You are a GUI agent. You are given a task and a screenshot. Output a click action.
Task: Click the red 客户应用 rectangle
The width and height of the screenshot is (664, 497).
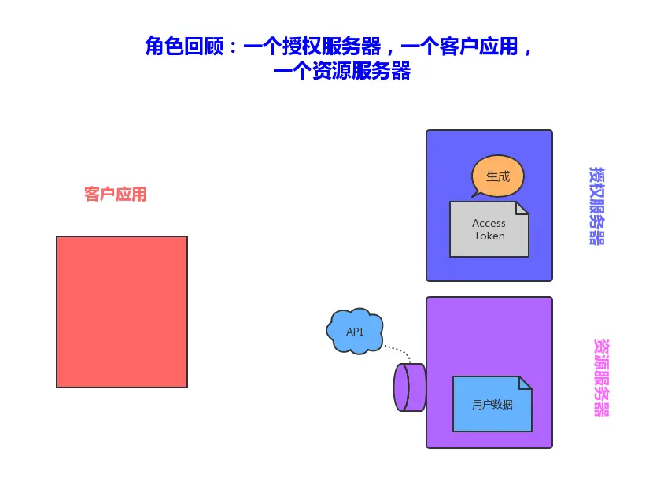click(x=122, y=312)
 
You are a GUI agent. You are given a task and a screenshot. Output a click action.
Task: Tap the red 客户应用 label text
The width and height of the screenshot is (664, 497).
click(x=116, y=195)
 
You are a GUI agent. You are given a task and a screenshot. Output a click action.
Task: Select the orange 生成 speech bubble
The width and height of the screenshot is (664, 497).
click(x=498, y=176)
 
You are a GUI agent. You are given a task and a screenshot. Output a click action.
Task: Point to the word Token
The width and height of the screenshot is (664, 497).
click(x=489, y=236)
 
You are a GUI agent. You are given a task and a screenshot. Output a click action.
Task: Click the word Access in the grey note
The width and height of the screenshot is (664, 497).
click(x=489, y=223)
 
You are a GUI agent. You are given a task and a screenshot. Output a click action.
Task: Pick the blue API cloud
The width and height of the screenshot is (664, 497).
click(x=355, y=331)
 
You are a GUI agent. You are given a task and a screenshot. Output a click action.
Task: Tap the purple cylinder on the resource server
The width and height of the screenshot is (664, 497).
click(x=409, y=388)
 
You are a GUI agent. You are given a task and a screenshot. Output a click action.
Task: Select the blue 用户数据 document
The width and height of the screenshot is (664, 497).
click(x=492, y=404)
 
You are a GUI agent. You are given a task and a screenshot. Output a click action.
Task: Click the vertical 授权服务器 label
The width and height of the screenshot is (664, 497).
click(x=597, y=206)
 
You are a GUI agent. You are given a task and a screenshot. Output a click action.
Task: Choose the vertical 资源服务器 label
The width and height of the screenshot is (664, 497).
click(x=601, y=378)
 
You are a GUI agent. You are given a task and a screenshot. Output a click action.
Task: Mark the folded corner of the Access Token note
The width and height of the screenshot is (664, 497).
click(x=522, y=208)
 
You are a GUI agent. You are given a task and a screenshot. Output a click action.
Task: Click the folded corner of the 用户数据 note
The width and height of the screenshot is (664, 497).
click(x=525, y=383)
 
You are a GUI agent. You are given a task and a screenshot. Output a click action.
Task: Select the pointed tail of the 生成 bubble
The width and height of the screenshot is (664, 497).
click(x=476, y=193)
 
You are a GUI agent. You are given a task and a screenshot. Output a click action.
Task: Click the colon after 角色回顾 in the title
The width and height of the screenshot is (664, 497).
click(x=231, y=47)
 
